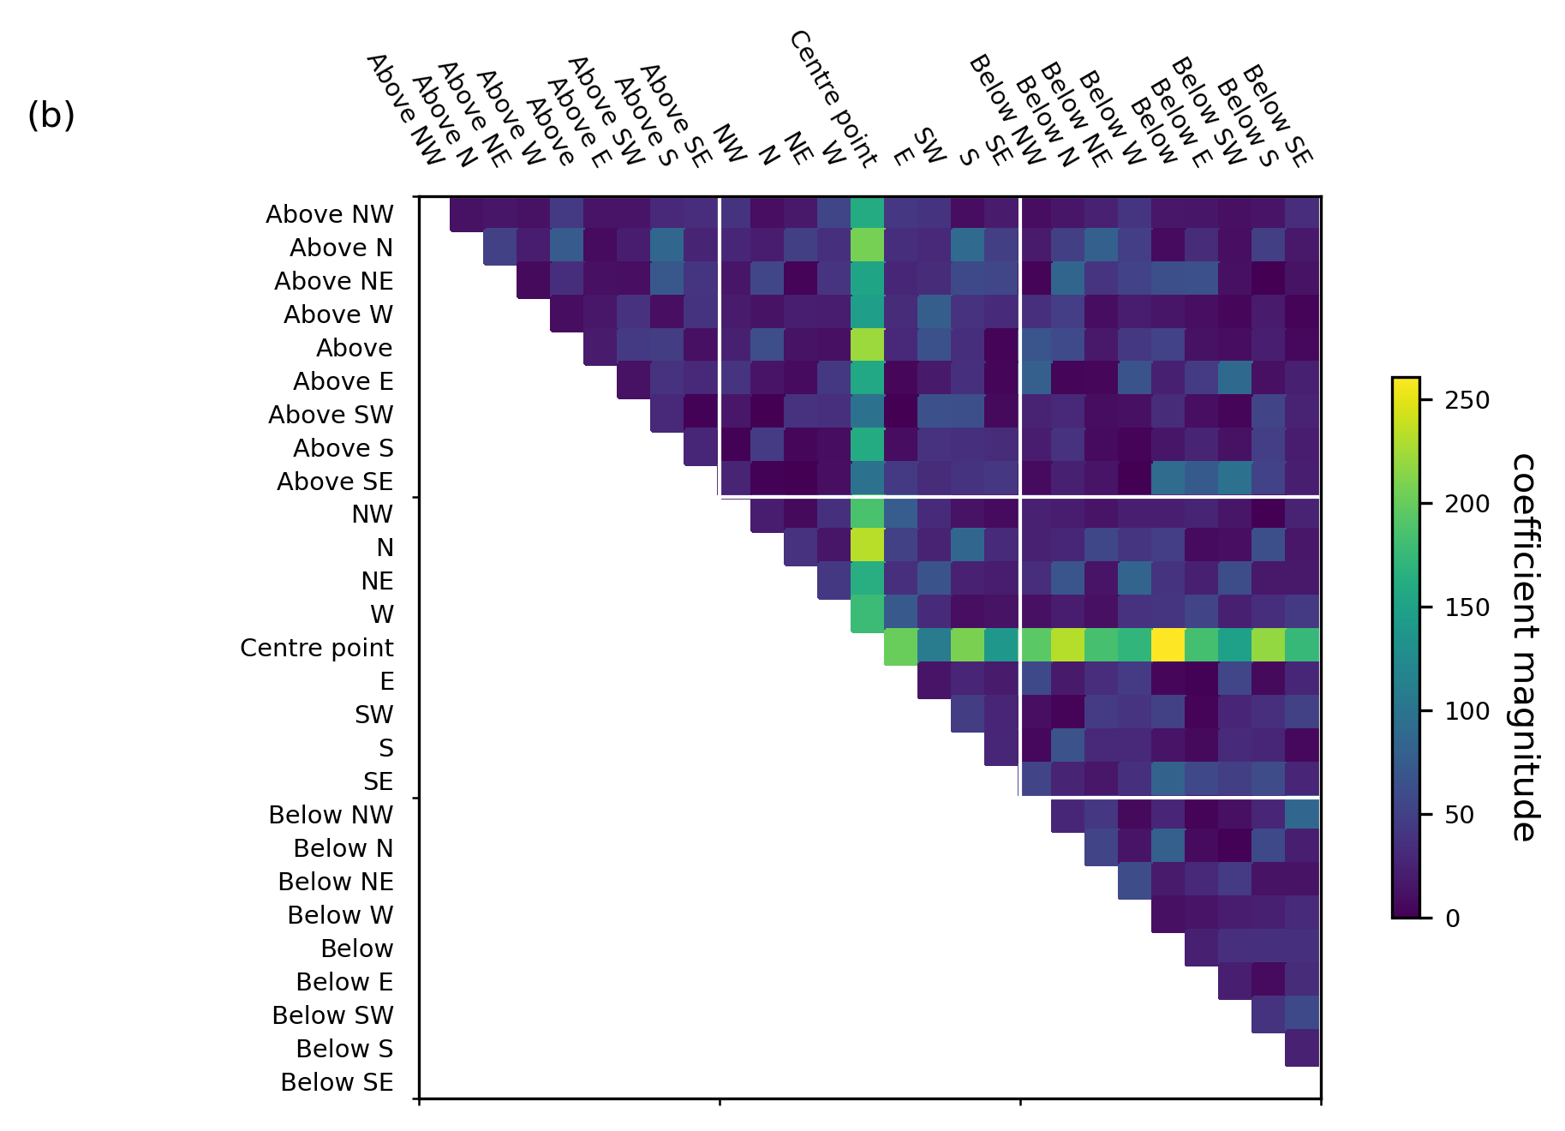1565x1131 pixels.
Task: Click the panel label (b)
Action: [x=51, y=116]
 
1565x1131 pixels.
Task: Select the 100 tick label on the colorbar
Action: [x=1466, y=711]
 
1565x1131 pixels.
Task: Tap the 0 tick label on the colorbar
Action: [x=1453, y=919]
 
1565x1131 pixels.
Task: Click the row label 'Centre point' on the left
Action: [x=316, y=648]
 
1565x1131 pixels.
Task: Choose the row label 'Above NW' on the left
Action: [x=329, y=214]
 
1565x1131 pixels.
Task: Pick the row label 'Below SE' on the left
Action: [x=337, y=1082]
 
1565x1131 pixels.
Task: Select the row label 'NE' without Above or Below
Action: [x=377, y=581]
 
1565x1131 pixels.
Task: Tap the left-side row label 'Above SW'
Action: [x=331, y=415]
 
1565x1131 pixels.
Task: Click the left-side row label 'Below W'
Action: [x=340, y=915]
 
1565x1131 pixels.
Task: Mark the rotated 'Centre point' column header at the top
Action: [x=833, y=99]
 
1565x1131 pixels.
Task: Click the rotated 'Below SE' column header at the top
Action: [x=1276, y=116]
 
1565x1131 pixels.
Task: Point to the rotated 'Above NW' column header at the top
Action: [x=405, y=110]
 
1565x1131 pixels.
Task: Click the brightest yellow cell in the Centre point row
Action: [x=1168, y=647]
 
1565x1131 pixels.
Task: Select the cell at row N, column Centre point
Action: [x=868, y=548]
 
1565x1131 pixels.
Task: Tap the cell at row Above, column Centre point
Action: [x=868, y=347]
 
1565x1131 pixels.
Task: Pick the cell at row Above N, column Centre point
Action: [x=868, y=247]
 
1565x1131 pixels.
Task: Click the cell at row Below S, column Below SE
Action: [x=1302, y=1049]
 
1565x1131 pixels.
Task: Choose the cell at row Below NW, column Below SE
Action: [x=1302, y=814]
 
